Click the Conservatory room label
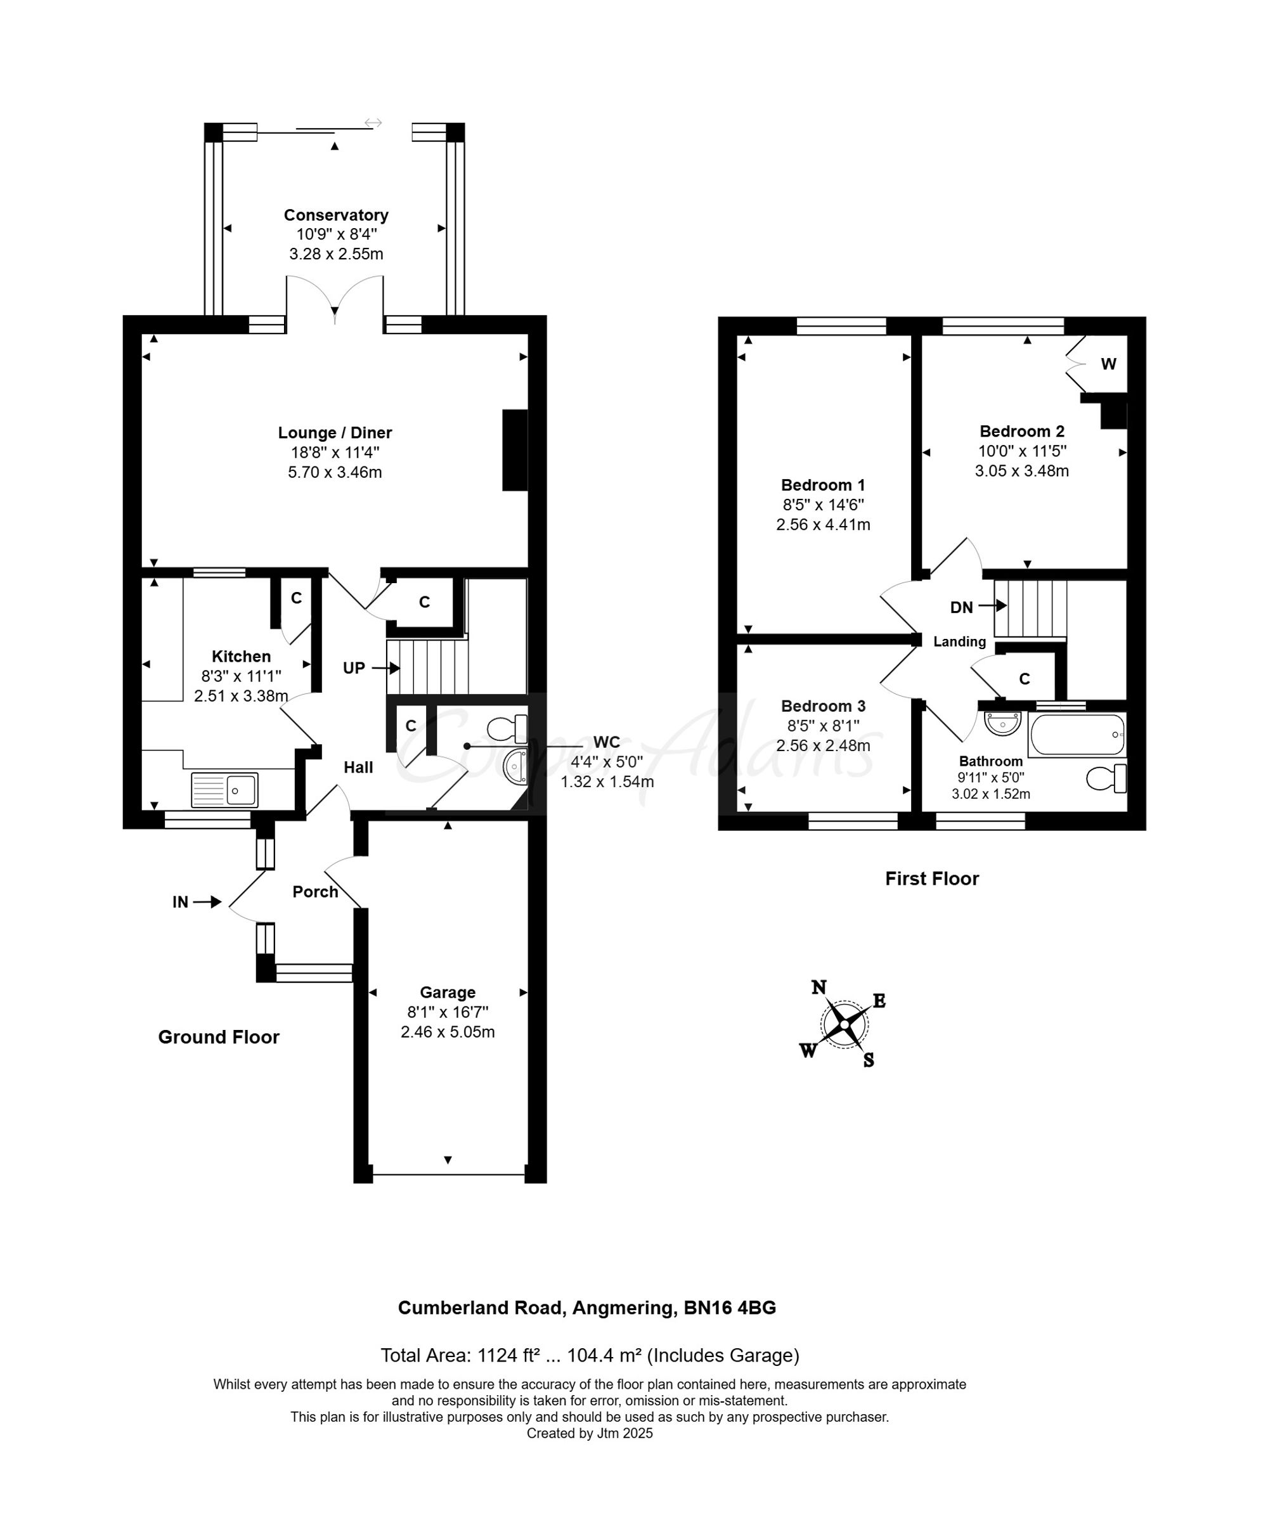(x=335, y=215)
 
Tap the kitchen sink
(x=224, y=790)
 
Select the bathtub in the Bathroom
(x=1077, y=735)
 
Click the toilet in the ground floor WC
(x=507, y=726)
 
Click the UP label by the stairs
(x=354, y=668)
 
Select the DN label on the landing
(x=962, y=607)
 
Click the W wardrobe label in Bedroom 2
(x=1108, y=364)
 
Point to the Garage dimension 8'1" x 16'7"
(x=448, y=1012)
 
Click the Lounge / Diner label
(x=335, y=433)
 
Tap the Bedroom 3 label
(x=823, y=706)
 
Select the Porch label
(x=315, y=892)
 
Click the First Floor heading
(x=932, y=878)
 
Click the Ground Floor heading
(x=219, y=1037)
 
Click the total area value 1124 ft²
(x=508, y=1355)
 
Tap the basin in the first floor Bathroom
(x=1002, y=723)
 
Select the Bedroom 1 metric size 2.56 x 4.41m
(x=823, y=524)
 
